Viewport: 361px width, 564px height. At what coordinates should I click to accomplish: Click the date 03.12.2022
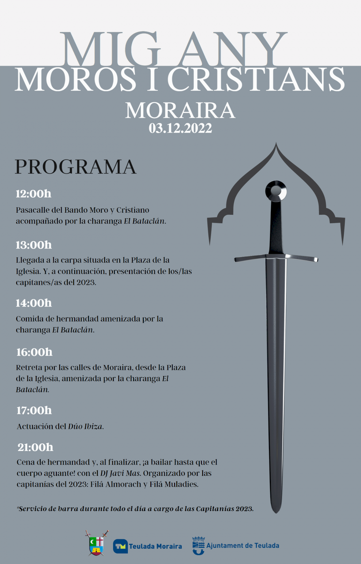pos(180,128)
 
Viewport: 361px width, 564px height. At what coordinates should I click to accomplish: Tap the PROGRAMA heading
pos(76,167)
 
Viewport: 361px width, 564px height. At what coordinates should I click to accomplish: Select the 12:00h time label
pos(33,194)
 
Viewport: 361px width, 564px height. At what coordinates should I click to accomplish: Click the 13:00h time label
pos(34,245)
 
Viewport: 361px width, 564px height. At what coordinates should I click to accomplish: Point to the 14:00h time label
pos(34,303)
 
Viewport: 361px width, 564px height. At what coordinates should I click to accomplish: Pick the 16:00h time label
pos(34,352)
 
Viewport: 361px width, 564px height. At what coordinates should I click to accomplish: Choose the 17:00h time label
pos(34,410)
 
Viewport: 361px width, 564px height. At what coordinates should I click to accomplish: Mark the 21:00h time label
pos(35,447)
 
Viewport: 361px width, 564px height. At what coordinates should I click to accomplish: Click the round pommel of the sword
pos(276,191)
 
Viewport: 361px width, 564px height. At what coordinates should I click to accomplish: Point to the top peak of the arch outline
pos(276,144)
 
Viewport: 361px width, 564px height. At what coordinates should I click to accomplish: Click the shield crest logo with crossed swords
pos(97,543)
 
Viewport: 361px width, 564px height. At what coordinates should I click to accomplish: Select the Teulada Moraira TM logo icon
pos(120,546)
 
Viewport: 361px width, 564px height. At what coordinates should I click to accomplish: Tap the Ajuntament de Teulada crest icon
pos(199,545)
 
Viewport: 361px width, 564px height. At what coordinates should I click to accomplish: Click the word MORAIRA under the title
pos(180,111)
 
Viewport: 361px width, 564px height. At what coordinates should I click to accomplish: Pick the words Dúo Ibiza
pos(86,427)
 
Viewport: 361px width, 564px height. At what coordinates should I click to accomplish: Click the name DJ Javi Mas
pos(120,473)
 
